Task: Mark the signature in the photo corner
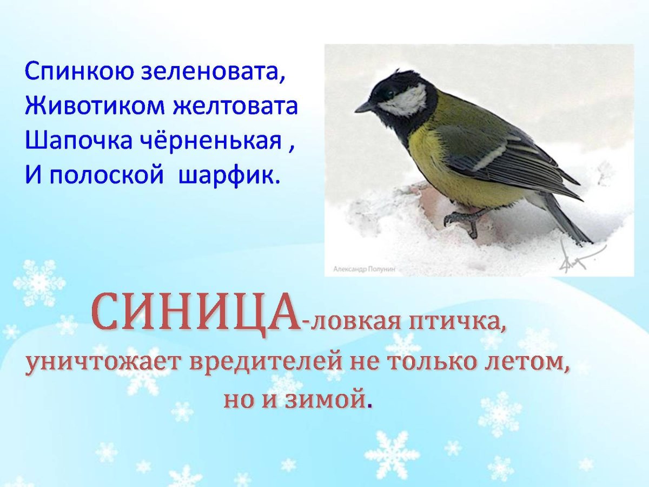click(579, 257)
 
